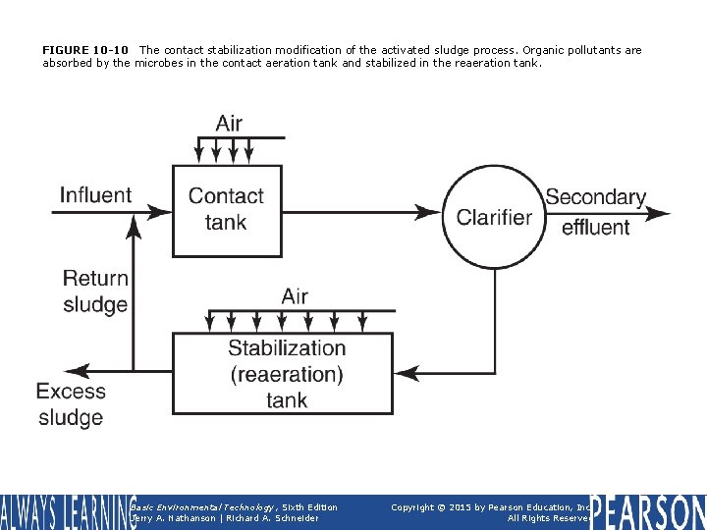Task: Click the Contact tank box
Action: pos(227,209)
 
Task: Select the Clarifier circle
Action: pos(494,216)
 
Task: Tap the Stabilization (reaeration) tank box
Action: pos(284,374)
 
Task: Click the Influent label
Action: pos(95,195)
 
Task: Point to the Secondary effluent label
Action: pos(595,212)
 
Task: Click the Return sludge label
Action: pos(94,291)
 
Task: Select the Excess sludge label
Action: pos(71,404)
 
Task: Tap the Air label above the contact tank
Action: pos(229,124)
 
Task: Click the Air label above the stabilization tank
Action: pos(295,296)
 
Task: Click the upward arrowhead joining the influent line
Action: pos(132,227)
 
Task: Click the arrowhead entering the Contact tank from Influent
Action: pos(160,212)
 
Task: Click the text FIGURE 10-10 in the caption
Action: pos(85,50)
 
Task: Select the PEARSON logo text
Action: pos(648,511)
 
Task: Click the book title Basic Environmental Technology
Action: pos(192,507)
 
